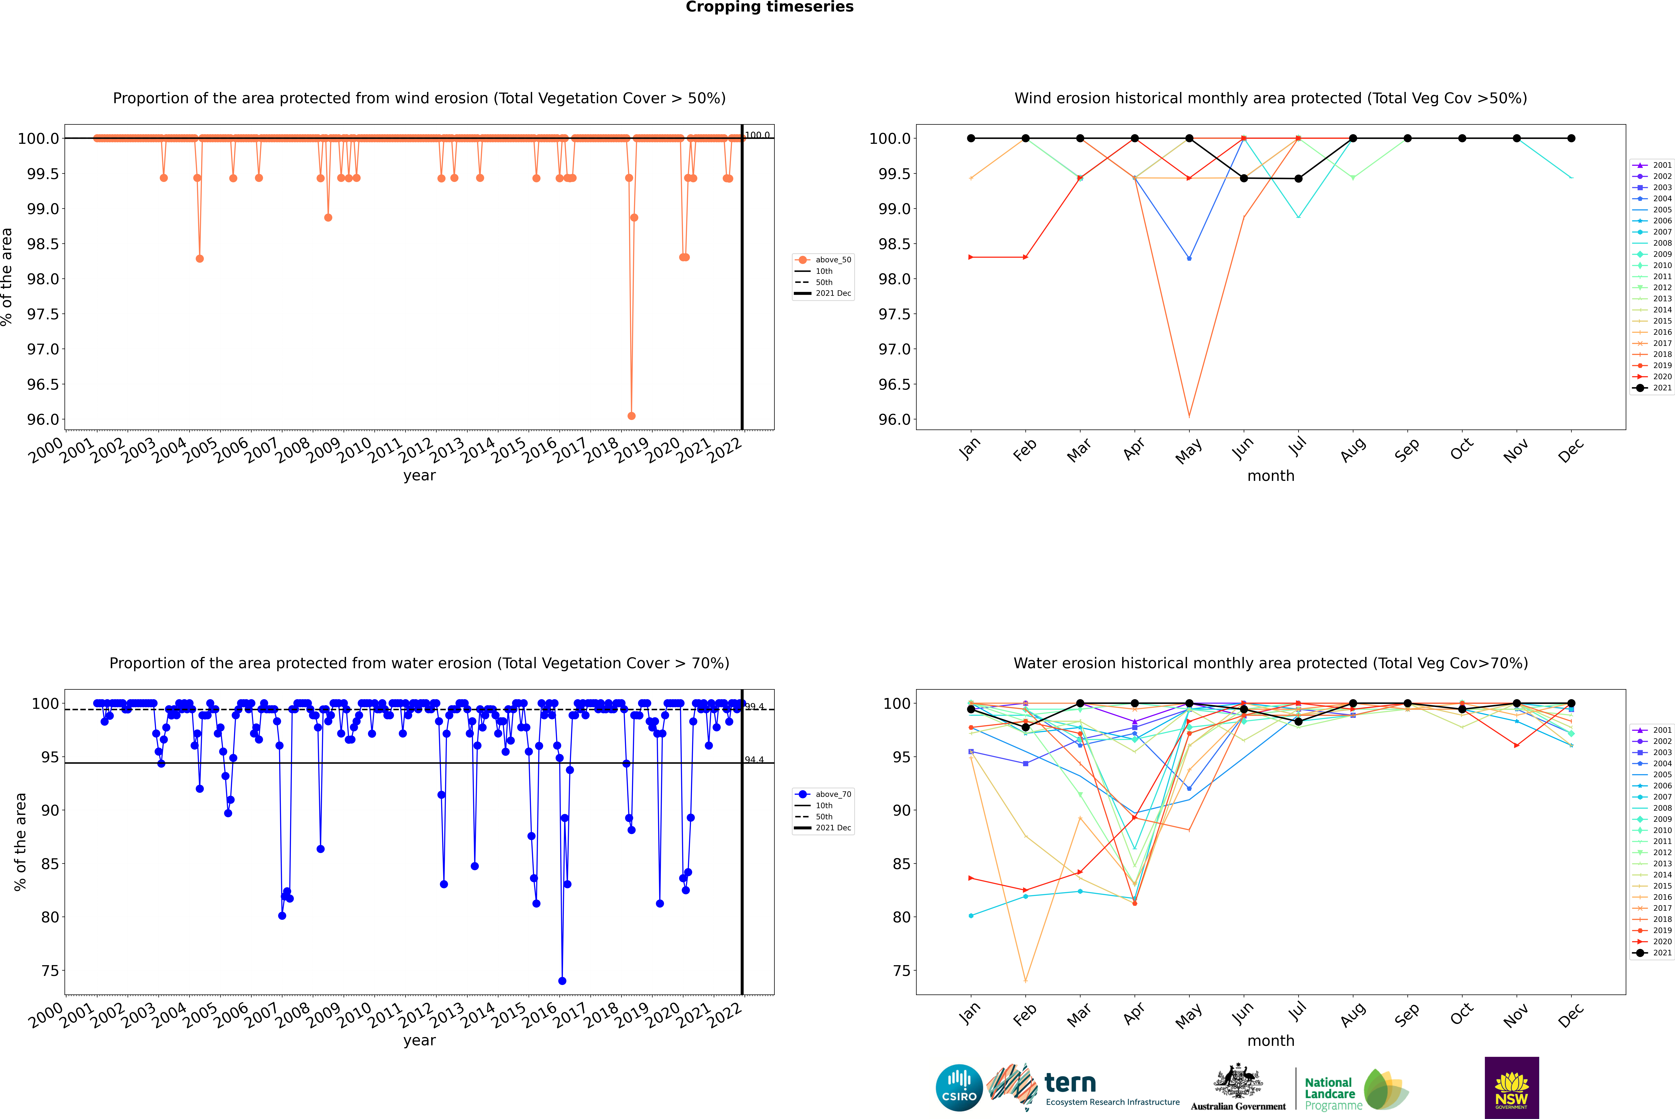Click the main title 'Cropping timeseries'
pyautogui.click(x=769, y=7)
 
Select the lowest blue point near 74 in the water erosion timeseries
pyautogui.click(x=562, y=980)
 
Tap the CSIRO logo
pyautogui.click(x=959, y=1088)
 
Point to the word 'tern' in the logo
pyautogui.click(x=1070, y=1083)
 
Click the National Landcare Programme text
pyautogui.click(x=1329, y=1093)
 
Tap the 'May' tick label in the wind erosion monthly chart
pyautogui.click(x=1189, y=451)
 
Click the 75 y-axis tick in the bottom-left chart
pyautogui.click(x=50, y=971)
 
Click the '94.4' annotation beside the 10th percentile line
pyautogui.click(x=754, y=759)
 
